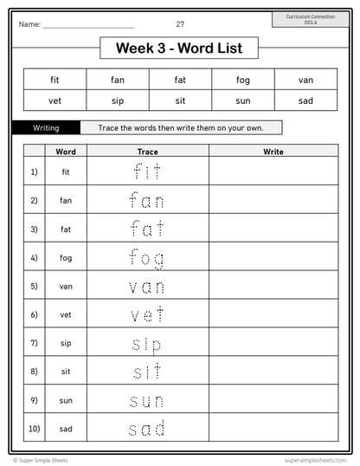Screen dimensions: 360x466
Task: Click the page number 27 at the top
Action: pos(180,24)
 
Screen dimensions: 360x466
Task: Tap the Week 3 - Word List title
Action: pos(179,49)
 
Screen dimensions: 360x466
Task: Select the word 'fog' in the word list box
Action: pos(242,81)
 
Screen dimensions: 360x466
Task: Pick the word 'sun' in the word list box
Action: pos(242,100)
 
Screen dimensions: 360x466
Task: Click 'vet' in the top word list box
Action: pos(55,100)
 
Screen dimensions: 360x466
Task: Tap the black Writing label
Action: pos(46,127)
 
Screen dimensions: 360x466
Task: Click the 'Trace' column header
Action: pos(147,152)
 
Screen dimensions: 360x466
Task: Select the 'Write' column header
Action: pos(273,152)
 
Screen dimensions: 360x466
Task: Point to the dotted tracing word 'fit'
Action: pos(147,172)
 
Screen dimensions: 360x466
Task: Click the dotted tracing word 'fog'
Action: pos(147,258)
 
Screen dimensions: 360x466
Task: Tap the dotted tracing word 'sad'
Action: pos(147,428)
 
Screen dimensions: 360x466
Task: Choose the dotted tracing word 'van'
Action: pos(147,287)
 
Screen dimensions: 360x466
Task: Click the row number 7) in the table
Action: pos(34,343)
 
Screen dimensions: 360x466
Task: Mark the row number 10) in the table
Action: pos(34,428)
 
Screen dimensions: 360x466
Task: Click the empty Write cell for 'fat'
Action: pos(273,230)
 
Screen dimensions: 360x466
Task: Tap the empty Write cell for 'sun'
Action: pos(273,400)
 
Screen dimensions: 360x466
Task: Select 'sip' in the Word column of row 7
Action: pos(66,343)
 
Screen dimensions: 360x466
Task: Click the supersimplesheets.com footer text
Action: pos(315,460)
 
